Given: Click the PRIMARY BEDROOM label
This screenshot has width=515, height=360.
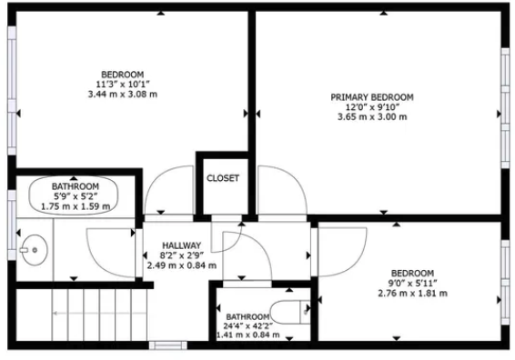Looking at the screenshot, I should [371, 96].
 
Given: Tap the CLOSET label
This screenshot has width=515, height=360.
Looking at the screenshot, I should [223, 178].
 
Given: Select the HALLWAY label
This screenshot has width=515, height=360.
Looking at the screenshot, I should [181, 246].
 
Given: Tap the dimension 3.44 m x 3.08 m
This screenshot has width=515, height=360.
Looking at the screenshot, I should [122, 95].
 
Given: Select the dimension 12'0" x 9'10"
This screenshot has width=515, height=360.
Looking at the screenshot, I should [371, 106].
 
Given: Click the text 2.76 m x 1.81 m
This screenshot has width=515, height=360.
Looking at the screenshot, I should [412, 294].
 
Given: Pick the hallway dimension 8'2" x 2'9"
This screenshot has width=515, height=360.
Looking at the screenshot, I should [181, 256].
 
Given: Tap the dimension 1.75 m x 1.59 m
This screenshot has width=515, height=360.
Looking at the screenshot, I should [76, 206].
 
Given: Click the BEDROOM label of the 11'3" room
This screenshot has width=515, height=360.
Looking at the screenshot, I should [122, 75].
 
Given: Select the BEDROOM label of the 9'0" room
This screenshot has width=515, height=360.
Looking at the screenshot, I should [412, 274].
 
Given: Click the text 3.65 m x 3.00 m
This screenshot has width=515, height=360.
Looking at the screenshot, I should [371, 116].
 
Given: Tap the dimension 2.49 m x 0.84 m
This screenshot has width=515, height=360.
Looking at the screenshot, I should [181, 266].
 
